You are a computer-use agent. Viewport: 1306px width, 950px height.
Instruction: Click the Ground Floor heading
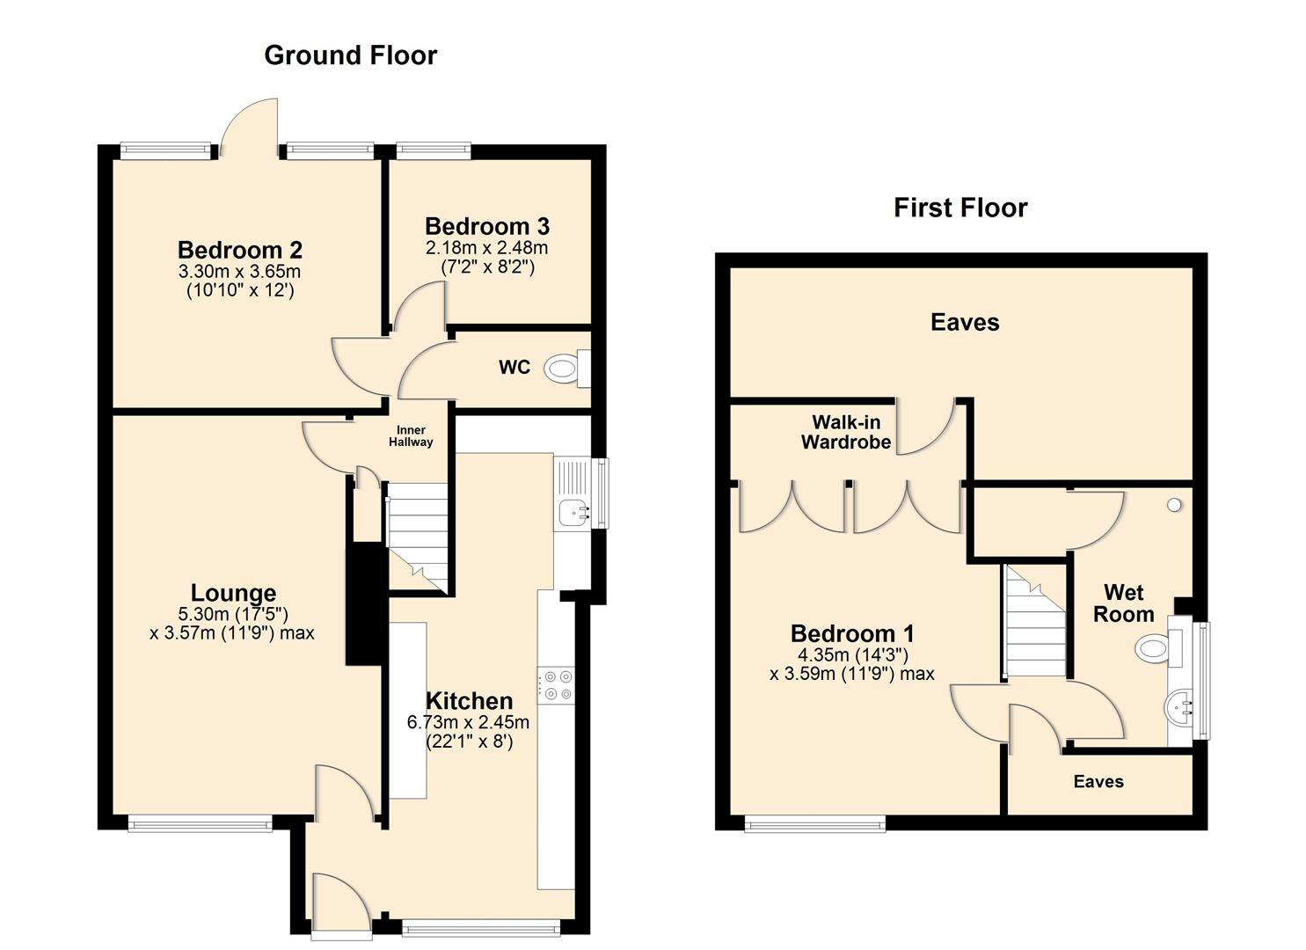[x=350, y=55]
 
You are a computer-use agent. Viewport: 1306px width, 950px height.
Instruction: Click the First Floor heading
[x=960, y=208]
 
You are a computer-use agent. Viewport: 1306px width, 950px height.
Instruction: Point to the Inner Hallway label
[x=411, y=436]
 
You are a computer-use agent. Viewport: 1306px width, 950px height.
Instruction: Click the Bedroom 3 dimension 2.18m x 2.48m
[x=486, y=248]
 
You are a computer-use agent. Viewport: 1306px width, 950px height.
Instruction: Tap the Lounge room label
[x=233, y=593]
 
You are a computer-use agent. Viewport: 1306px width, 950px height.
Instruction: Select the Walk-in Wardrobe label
[x=846, y=433]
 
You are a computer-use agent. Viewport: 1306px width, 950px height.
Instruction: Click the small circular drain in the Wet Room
[x=1173, y=505]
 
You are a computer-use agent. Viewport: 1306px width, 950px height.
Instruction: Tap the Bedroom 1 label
[x=852, y=633]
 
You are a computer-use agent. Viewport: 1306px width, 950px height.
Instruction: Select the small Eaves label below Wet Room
[x=1098, y=781]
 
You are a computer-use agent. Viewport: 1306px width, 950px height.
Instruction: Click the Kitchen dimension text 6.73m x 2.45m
[x=468, y=722]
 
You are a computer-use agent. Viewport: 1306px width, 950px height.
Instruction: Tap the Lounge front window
[x=201, y=823]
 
